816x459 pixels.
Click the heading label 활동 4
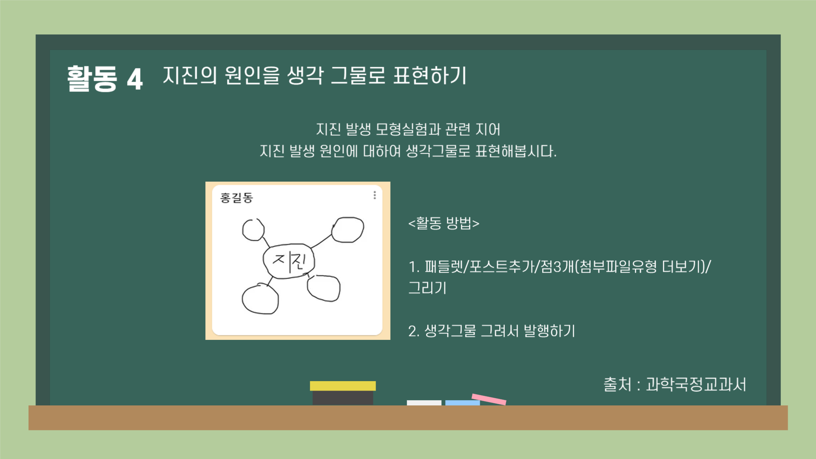[x=105, y=78]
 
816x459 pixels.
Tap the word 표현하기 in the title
[x=429, y=76]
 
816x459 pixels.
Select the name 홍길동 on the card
[x=236, y=198]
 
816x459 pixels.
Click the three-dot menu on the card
[x=375, y=195]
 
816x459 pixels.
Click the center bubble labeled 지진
[x=289, y=261]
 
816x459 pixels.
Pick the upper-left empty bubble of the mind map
[x=253, y=230]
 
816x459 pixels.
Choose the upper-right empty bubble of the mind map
[x=348, y=230]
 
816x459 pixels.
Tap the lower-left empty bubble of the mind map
[x=260, y=299]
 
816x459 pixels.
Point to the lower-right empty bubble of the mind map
[x=324, y=288]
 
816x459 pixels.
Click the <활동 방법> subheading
[x=444, y=223]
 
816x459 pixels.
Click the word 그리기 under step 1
[x=427, y=288]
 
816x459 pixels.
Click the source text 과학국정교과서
[x=696, y=385]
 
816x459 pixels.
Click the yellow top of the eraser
[x=343, y=386]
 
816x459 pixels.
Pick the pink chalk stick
[x=489, y=399]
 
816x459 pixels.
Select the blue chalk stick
[x=462, y=402]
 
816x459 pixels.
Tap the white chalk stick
[x=424, y=402]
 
